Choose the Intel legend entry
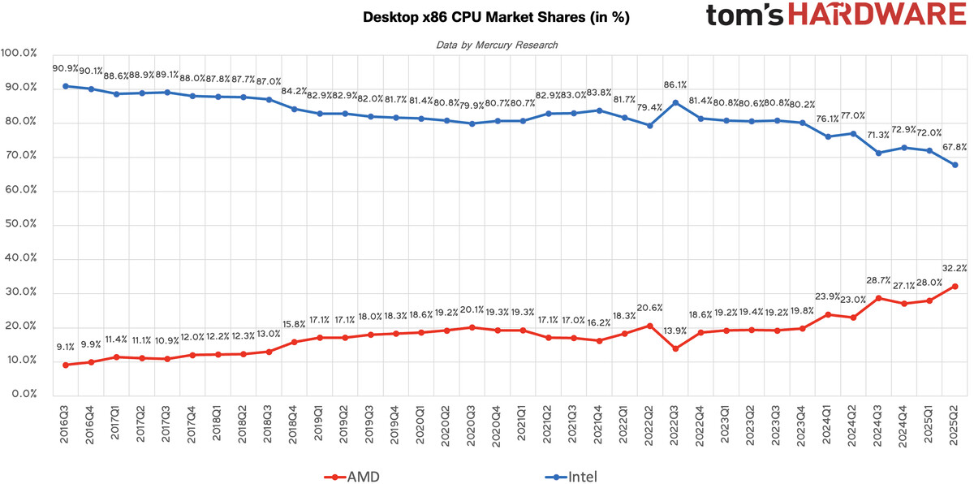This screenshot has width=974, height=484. [571, 477]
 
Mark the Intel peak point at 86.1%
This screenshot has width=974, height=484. [675, 102]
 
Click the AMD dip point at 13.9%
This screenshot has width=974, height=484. [675, 348]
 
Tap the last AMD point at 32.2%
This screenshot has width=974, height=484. [955, 286]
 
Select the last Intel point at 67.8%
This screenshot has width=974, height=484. [955, 165]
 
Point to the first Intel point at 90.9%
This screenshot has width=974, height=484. [65, 86]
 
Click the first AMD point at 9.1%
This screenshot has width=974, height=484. [65, 365]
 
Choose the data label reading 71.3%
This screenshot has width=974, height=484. [878, 134]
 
